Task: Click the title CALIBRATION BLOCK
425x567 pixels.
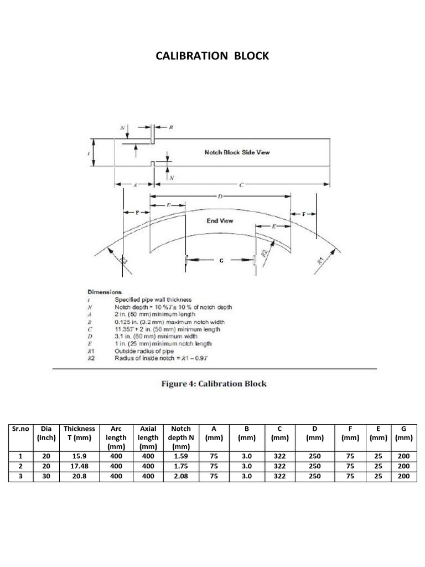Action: (x=212, y=56)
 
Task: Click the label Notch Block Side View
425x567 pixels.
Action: (x=237, y=152)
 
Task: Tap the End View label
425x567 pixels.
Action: (x=220, y=220)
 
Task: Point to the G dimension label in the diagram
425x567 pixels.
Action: (x=221, y=260)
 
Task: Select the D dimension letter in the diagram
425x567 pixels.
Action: (x=220, y=196)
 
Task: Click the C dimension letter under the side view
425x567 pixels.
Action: (x=241, y=185)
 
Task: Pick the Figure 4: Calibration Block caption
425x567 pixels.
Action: (x=214, y=384)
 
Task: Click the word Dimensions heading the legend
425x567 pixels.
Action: (x=105, y=292)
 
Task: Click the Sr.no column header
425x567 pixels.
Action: (x=20, y=429)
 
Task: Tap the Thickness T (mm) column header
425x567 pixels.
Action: (x=79, y=432)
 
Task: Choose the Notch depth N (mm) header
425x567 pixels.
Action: (x=181, y=437)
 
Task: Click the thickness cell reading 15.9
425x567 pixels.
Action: (x=79, y=456)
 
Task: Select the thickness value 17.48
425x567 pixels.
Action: (x=79, y=466)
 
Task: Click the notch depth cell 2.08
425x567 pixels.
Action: (x=181, y=476)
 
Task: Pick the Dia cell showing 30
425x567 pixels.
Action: (x=46, y=476)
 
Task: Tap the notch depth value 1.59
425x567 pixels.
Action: (x=181, y=456)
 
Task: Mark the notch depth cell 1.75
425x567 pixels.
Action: (x=181, y=466)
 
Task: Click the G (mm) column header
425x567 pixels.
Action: (x=403, y=432)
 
